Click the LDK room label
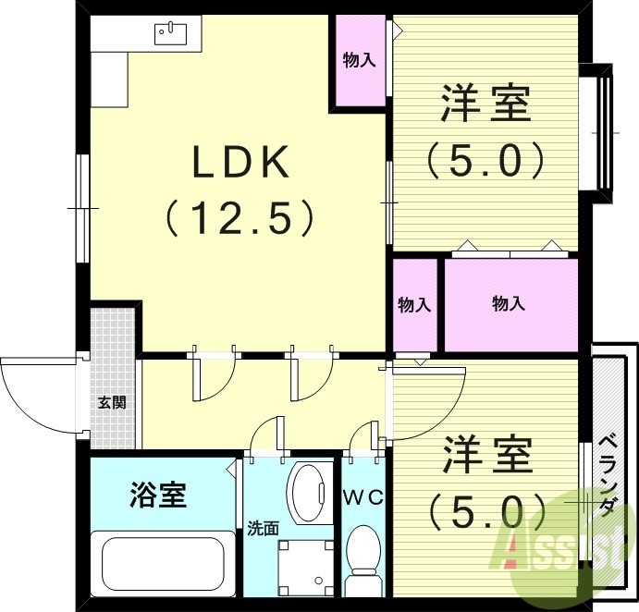(241, 163)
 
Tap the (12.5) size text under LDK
(241, 218)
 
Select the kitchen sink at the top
(172, 33)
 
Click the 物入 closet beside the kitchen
(359, 61)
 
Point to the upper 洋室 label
(485, 103)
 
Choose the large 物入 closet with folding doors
(510, 304)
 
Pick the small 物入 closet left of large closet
(414, 304)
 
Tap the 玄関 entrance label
(113, 402)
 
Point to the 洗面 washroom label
(263, 529)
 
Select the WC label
(363, 496)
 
